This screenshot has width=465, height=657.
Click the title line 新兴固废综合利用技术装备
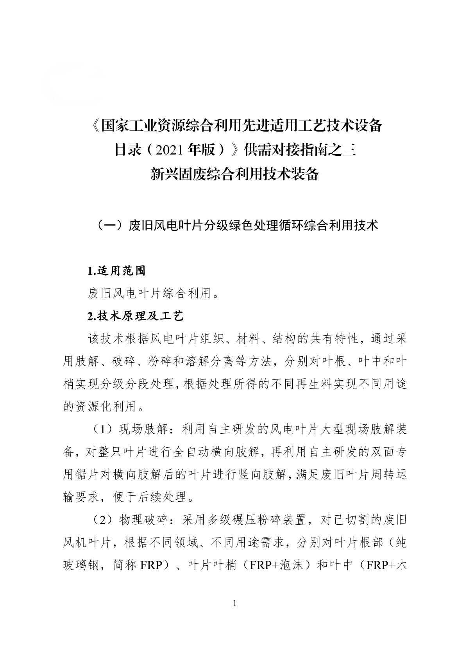[x=235, y=174]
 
